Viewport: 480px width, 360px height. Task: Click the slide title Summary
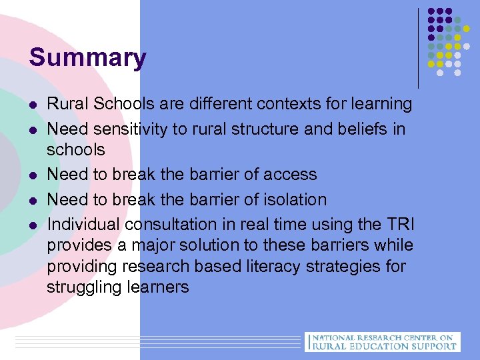(x=87, y=57)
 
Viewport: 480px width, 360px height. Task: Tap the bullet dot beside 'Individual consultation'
(x=33, y=225)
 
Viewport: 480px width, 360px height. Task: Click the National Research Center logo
(x=382, y=341)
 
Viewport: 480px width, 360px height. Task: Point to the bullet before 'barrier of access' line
(x=33, y=175)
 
